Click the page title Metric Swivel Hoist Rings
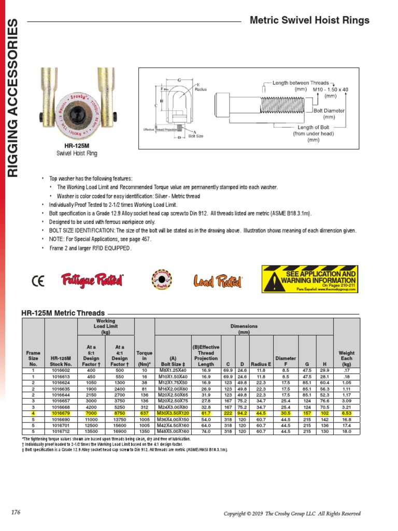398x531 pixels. click(309, 21)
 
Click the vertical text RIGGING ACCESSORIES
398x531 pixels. click(13, 99)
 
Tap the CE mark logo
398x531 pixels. click(38, 281)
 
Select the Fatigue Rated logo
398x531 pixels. click(92, 280)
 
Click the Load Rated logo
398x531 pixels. click(218, 281)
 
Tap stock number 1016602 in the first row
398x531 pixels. click(61, 371)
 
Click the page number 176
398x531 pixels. click(16, 513)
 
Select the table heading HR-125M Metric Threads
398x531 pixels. click(63, 313)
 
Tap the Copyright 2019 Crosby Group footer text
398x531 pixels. click(292, 513)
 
